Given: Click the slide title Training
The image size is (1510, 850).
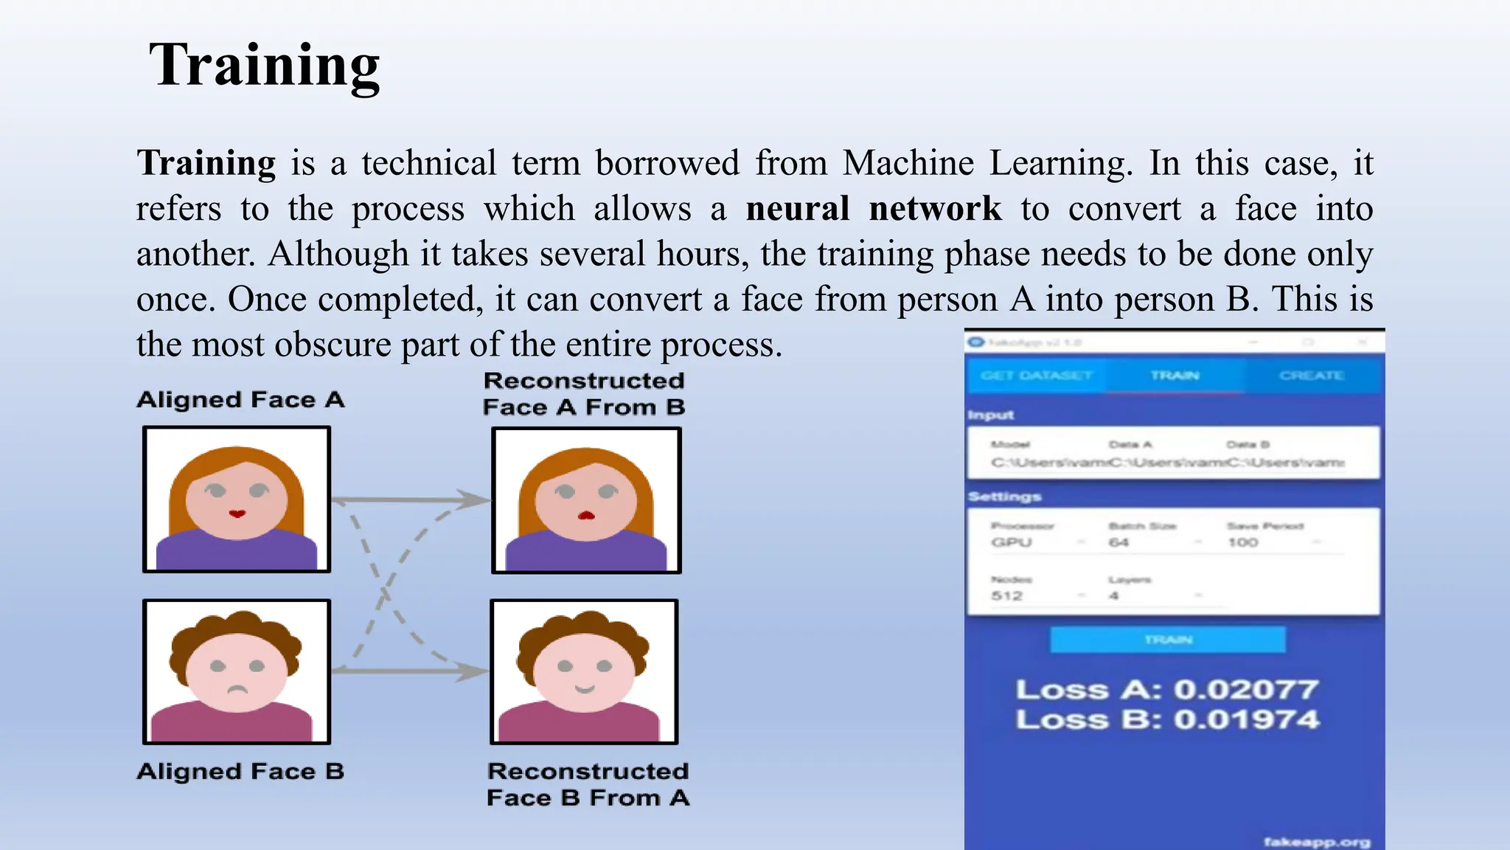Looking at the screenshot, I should tap(264, 65).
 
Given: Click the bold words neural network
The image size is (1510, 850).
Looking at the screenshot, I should tap(874, 209).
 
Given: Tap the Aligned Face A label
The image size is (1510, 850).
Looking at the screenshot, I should tap(240, 400).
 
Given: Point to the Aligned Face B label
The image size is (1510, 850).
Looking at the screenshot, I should tap(240, 772).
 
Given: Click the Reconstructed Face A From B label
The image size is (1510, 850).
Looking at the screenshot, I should tap(584, 394).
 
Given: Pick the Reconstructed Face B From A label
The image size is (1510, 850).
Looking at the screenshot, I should tap(588, 784).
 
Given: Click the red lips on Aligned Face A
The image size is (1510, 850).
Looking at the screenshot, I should tap(237, 514).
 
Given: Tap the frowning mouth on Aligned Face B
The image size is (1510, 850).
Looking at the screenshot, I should tap(236, 691).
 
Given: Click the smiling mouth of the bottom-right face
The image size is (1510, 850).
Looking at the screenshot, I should tap(585, 689).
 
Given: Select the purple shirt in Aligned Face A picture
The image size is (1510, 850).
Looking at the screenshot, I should tap(236, 551).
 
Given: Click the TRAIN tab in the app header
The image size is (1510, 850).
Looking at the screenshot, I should tap(1175, 376).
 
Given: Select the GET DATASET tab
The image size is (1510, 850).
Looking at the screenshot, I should tap(1036, 376).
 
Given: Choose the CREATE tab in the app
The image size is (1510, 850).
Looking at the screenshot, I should tap(1312, 376).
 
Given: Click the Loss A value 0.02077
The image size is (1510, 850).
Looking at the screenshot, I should tap(1245, 690).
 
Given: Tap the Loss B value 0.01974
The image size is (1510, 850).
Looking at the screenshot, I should tap(1245, 719).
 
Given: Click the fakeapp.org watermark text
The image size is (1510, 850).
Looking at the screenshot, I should tap(1317, 842).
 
